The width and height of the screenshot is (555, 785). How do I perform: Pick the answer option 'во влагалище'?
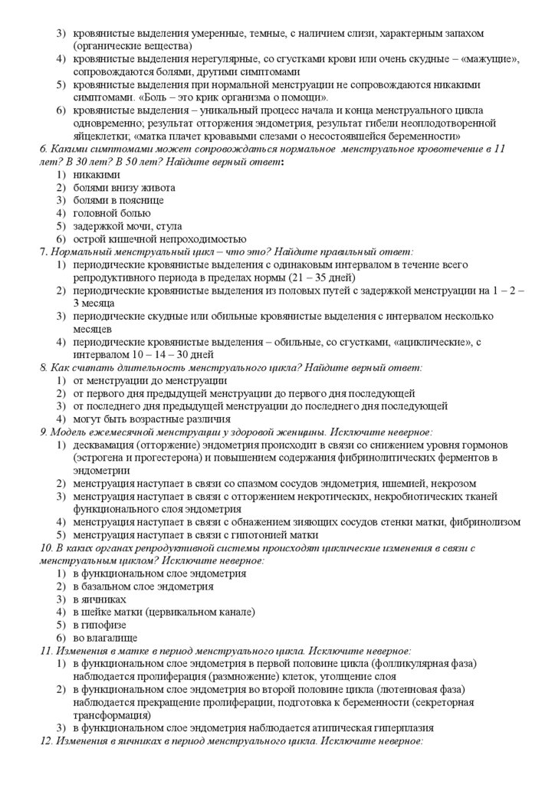(x=105, y=637)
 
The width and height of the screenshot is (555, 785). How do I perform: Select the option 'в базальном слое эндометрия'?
(x=143, y=586)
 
